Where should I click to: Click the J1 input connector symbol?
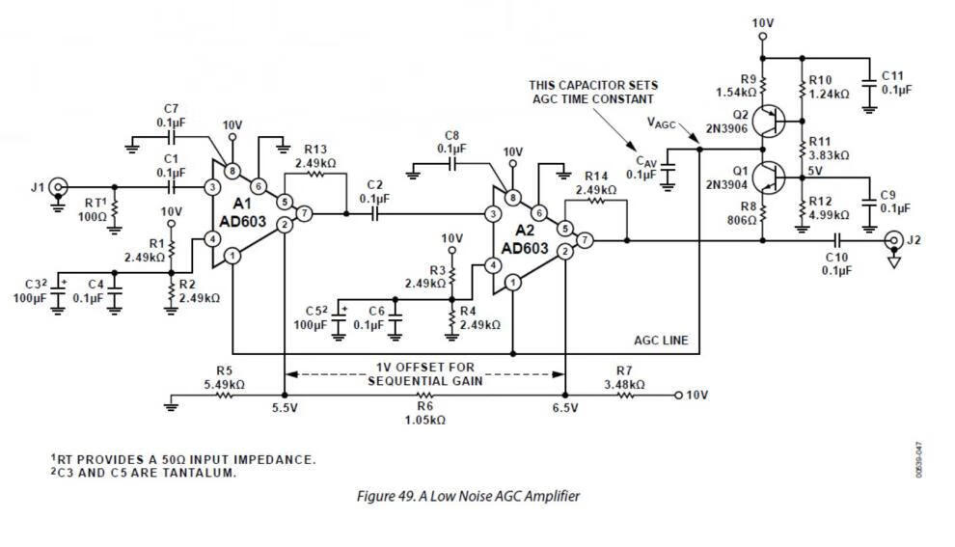click(x=60, y=186)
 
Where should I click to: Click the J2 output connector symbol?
click(x=893, y=239)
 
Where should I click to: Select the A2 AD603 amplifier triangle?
click(x=529, y=240)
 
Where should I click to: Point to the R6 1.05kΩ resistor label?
click(x=423, y=413)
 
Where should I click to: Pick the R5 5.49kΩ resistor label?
click(x=224, y=377)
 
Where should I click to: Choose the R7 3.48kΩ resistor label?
click(x=623, y=377)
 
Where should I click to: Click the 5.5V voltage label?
click(x=284, y=408)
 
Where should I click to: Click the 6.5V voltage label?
click(x=565, y=408)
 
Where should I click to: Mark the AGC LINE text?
click(x=661, y=341)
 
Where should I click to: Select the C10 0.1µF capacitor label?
click(x=836, y=263)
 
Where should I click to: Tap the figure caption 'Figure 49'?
click(x=469, y=497)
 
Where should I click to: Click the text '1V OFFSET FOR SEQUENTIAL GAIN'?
click(x=423, y=373)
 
